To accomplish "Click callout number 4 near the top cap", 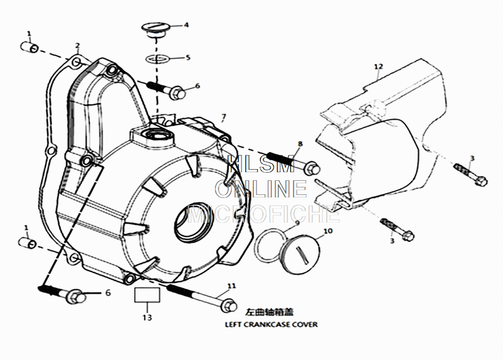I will [186, 24].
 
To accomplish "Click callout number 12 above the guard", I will [378, 66].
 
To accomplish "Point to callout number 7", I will [223, 117].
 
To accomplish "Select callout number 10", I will [327, 232].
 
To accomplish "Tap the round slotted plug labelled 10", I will [300, 256].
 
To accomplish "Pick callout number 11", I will [231, 286].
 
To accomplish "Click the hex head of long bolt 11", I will [229, 305].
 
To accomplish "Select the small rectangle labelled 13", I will [147, 295].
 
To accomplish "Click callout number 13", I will [147, 318].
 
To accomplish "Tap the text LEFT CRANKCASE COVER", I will [271, 325].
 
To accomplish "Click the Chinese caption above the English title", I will [268, 312].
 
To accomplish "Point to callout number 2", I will [77, 46].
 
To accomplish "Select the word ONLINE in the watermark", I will [261, 189].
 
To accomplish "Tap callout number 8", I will [300, 144].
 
